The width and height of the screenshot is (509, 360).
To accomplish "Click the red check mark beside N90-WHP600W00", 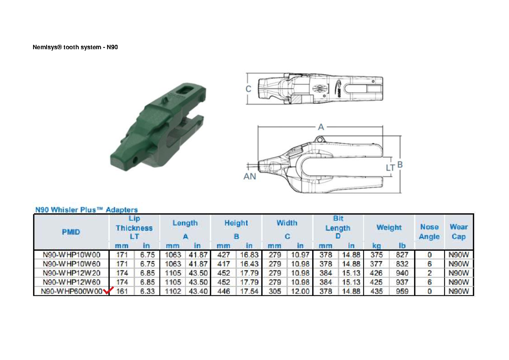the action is pos(108,290).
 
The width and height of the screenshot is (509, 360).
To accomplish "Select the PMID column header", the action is pos(71,232).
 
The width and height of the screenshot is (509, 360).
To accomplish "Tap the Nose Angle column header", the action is pos(429,232).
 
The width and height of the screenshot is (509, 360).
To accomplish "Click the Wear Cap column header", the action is pos(459,232).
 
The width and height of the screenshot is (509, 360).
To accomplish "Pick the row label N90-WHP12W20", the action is pos(72,273).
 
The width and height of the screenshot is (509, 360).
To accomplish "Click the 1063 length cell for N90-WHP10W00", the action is pos(173,255).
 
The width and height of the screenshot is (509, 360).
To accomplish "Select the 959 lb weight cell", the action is pos(402,291).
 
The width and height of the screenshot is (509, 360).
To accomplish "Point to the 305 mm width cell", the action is pos(275,291).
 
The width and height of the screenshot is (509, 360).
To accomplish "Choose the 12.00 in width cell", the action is pos(300,291).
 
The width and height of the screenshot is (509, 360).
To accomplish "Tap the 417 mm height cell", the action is pos(224,264).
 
